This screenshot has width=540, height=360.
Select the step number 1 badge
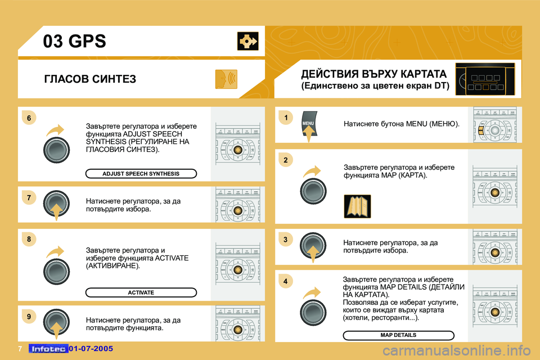pyautogui.click(x=286, y=118)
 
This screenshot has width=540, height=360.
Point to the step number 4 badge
pyautogui.click(x=286, y=281)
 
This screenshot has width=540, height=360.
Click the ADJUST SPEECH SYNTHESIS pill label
pyautogui.click(x=141, y=174)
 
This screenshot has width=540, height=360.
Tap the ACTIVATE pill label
pyautogui.click(x=141, y=292)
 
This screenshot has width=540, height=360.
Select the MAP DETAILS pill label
pyautogui.click(x=398, y=335)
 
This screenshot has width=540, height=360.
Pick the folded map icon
pyautogui.click(x=357, y=206)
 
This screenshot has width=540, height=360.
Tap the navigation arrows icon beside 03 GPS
pyautogui.click(x=247, y=41)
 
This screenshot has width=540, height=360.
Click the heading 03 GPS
pyautogui.click(x=75, y=42)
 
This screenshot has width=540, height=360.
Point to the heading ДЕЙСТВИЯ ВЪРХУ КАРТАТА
pyautogui.click(x=374, y=74)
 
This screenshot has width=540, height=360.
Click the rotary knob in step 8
pyautogui.click(x=56, y=270)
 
